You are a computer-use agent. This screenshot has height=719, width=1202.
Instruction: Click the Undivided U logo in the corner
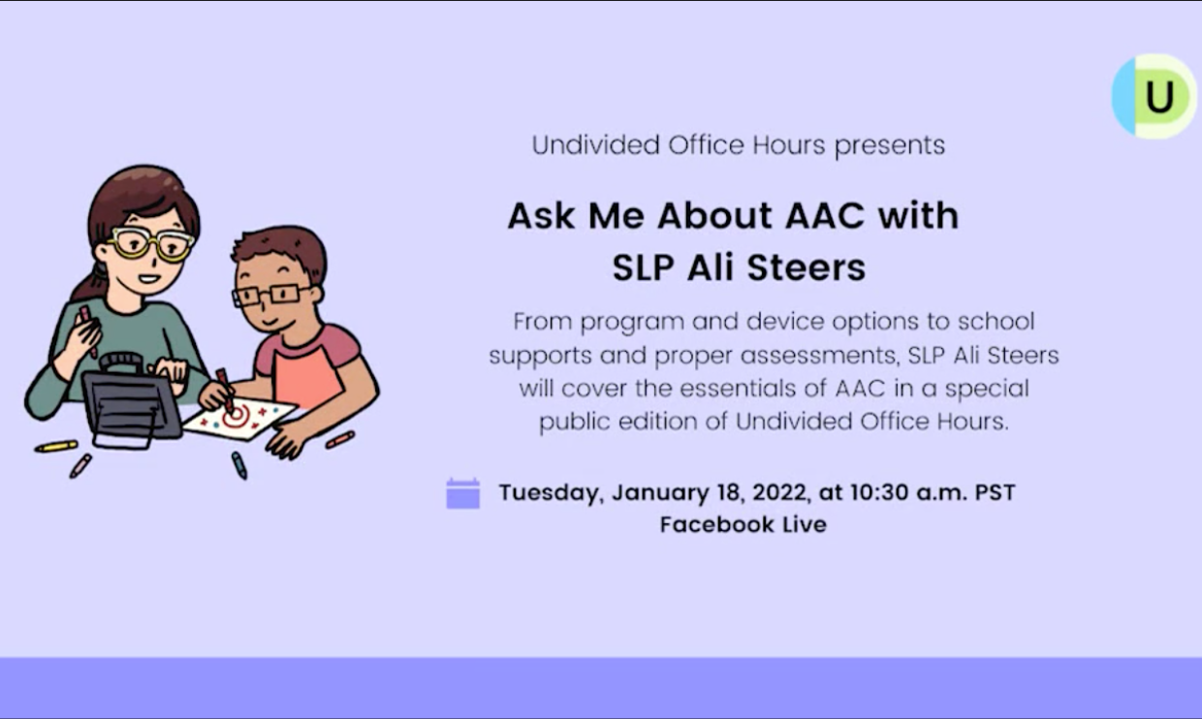[1155, 97]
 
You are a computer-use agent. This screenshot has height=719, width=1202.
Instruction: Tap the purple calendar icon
[463, 493]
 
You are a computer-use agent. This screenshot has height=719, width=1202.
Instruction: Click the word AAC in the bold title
[824, 216]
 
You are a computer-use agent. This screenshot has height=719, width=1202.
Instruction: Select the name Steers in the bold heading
[806, 267]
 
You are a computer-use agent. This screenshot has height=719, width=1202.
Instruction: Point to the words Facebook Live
[743, 524]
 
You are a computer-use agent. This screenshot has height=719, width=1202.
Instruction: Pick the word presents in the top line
[890, 146]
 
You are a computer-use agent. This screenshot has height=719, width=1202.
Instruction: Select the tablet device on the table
[131, 401]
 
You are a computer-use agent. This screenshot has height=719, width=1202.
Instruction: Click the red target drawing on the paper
[237, 417]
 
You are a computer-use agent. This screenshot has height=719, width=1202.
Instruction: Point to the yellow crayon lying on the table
[56, 447]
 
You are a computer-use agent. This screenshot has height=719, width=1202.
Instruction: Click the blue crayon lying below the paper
[239, 465]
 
